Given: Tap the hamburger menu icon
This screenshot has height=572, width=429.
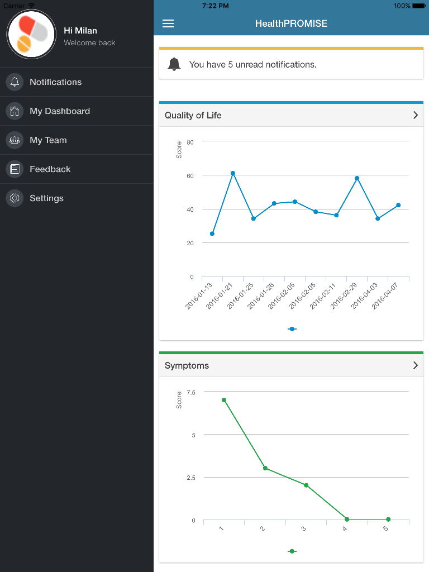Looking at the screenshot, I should click(168, 23).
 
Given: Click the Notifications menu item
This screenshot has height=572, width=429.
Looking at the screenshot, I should click(55, 82).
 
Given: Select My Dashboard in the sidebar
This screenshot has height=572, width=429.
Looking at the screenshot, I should click(59, 111).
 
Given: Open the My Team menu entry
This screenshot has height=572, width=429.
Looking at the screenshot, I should click(48, 140).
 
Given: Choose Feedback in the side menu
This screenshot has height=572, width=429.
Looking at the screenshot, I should click(50, 169).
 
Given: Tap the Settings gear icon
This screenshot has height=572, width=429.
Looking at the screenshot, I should click(15, 198).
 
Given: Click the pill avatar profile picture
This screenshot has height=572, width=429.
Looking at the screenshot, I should click(31, 34).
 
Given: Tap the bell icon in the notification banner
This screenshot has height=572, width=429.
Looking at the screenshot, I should click(174, 64).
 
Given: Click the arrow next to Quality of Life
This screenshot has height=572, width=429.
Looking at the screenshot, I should click(415, 115).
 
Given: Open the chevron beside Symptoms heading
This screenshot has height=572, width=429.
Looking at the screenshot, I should click(415, 365).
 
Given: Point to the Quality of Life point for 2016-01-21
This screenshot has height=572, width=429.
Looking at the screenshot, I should click(233, 173).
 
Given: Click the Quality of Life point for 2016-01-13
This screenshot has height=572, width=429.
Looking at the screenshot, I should click(212, 233).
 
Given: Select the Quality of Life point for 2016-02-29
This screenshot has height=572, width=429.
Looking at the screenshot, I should click(357, 178).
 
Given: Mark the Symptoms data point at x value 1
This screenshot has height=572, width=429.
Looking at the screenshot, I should click(223, 400).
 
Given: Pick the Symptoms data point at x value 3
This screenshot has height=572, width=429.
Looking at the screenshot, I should click(306, 485).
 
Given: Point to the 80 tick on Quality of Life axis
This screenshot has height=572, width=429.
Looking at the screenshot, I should click(190, 142).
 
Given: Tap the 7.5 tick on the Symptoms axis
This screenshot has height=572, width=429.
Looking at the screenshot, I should click(191, 392).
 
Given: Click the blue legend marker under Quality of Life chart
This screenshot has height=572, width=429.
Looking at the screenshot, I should click(292, 329).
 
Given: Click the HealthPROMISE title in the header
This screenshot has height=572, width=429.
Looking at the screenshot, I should click(291, 23).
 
